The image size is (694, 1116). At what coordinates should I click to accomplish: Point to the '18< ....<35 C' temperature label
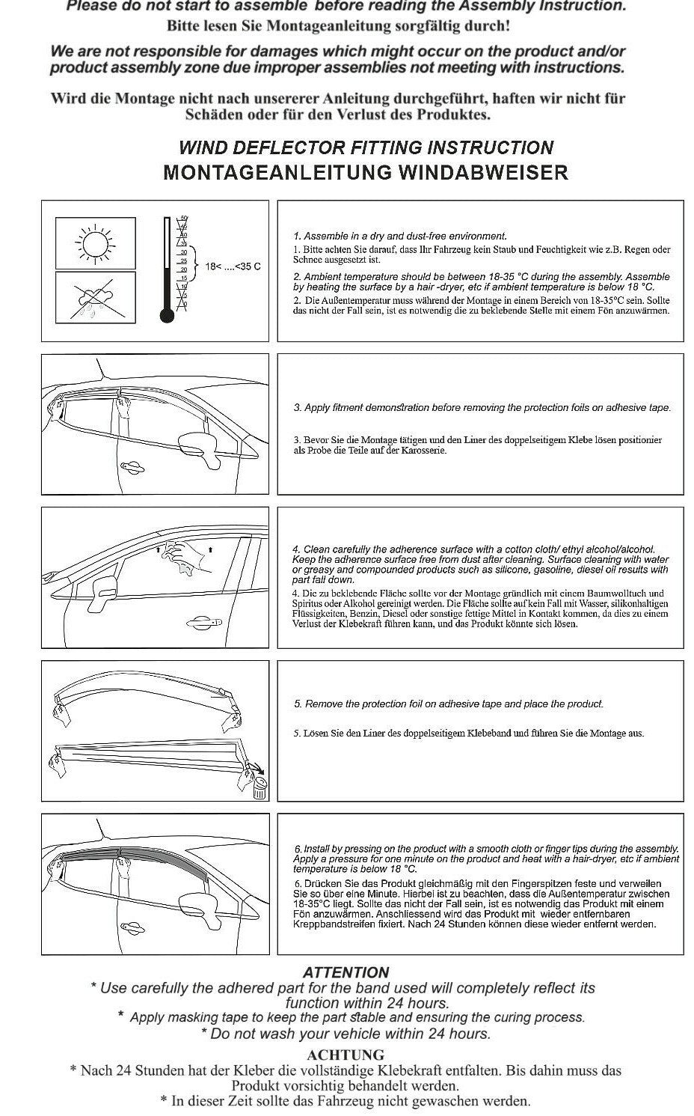(x=233, y=266)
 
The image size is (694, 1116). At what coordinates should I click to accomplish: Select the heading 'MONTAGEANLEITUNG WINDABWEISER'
(x=366, y=172)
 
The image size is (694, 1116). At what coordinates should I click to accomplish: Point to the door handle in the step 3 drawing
(x=132, y=466)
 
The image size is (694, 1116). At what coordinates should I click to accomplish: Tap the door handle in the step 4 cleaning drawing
(x=203, y=620)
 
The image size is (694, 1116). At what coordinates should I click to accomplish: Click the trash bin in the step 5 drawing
(x=259, y=787)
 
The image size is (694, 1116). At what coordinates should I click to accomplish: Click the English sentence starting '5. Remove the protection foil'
(x=449, y=704)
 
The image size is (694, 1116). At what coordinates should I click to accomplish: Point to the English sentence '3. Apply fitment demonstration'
(x=482, y=408)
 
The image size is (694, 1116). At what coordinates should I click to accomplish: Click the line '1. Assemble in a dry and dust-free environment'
(x=400, y=236)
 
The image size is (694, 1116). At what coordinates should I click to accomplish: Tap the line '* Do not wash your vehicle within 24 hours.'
(x=346, y=1034)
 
